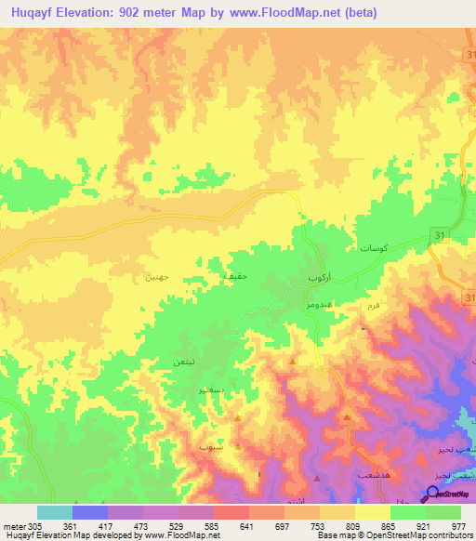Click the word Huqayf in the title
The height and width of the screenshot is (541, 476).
[x=38, y=14]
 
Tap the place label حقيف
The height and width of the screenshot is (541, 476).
[x=234, y=277]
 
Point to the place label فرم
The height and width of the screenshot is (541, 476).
[x=377, y=304]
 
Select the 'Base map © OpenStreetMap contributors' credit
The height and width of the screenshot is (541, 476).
[x=392, y=535]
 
